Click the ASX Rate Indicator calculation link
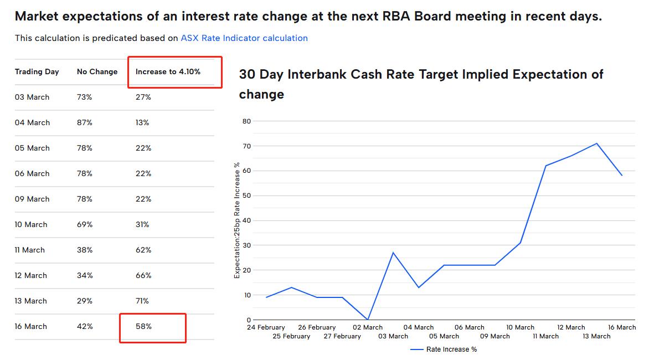(x=244, y=38)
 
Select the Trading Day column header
(x=37, y=71)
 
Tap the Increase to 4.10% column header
(x=168, y=71)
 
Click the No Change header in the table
(x=97, y=71)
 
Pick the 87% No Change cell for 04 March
(x=84, y=122)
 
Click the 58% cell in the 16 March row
(x=143, y=326)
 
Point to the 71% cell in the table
(x=142, y=301)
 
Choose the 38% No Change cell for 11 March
(x=84, y=250)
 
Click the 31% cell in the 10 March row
(x=142, y=224)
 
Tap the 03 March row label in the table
(x=32, y=97)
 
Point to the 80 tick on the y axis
(x=246, y=121)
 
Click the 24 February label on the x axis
(x=266, y=327)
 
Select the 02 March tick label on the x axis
(x=368, y=327)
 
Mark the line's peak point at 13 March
(x=596, y=143)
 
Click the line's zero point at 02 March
(x=368, y=320)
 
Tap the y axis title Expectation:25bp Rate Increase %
(x=237, y=220)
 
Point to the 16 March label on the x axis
(x=622, y=327)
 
